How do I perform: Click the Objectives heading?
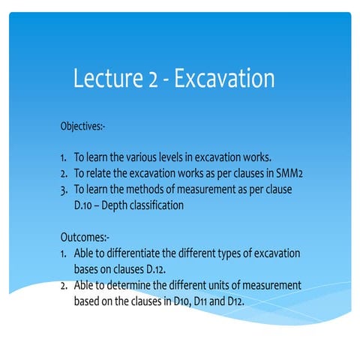pos(88,125)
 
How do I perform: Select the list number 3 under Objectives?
pos(64,190)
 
